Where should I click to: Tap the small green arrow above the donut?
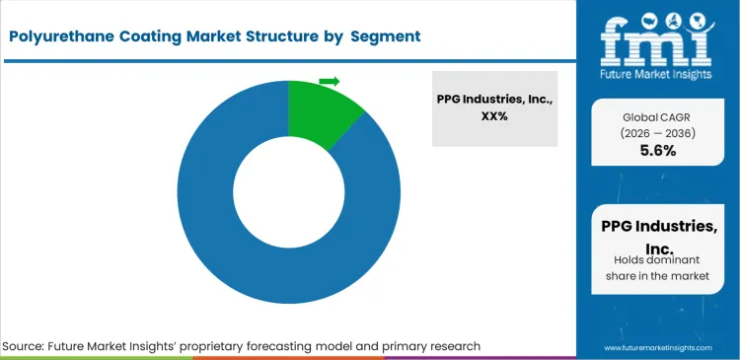pyautogui.click(x=330, y=81)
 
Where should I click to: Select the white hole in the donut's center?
pyautogui.click(x=287, y=193)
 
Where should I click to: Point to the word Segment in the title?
pyautogui.click(x=386, y=36)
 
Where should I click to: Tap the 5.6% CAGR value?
pyautogui.click(x=657, y=151)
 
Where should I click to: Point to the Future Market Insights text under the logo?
pyautogui.click(x=657, y=75)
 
